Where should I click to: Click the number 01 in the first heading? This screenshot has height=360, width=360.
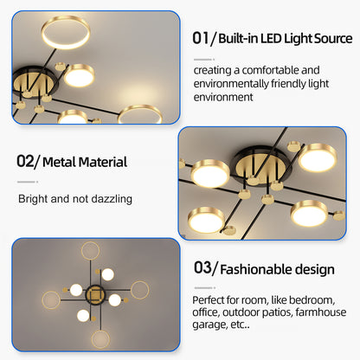point(201,38)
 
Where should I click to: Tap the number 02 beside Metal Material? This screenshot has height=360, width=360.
point(25,162)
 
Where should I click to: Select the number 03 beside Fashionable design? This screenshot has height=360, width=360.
point(202,269)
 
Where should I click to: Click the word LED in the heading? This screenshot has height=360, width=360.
point(261,39)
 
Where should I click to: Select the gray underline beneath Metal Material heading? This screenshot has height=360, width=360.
point(28,182)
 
